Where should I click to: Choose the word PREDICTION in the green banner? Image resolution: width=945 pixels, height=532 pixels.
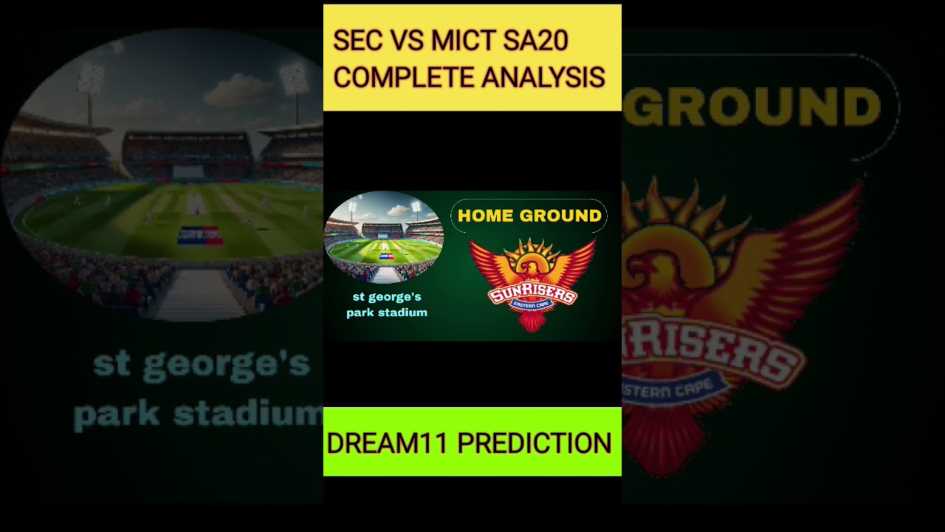click(535, 443)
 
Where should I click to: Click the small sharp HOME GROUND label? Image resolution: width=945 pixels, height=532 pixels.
click(529, 216)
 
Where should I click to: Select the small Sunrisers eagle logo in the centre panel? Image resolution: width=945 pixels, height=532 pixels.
click(532, 284)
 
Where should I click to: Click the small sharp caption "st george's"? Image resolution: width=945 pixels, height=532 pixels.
click(387, 297)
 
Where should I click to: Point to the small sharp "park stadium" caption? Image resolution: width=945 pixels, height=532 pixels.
click(387, 313)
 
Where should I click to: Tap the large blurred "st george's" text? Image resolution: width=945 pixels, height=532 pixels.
click(201, 366)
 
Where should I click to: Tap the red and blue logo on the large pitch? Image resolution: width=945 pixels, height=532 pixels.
click(200, 236)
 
